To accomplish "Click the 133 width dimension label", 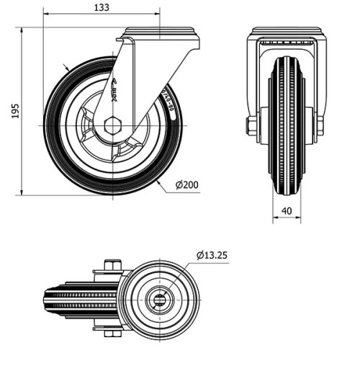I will [102, 7].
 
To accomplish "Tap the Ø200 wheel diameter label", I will [187, 185].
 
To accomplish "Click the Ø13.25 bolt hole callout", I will [212, 254].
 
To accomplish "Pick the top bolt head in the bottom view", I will [109, 266].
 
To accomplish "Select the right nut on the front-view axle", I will [319, 126].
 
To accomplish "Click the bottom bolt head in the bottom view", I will [109, 334].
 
